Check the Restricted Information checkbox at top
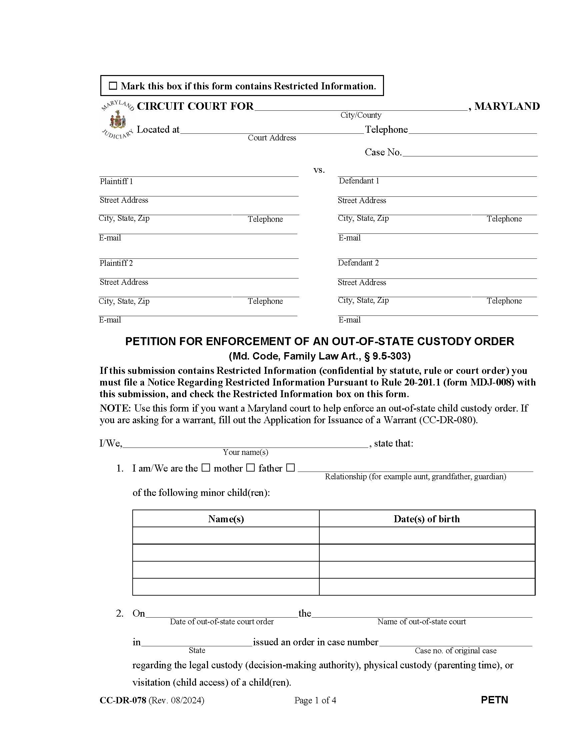click(113, 86)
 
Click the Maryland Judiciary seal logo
click(117, 120)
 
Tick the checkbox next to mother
click(206, 468)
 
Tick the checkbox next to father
click(250, 468)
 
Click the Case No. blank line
click(469, 152)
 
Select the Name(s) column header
click(226, 519)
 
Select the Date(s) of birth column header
click(427, 519)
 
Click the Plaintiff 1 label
click(116, 181)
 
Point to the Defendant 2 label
click(358, 263)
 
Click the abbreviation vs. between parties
click(319, 170)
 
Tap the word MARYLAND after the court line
click(507, 106)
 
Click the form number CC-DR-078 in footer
click(123, 700)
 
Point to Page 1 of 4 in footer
click(315, 700)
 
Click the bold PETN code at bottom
click(494, 700)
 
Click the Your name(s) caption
click(245, 452)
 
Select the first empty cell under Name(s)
click(226, 536)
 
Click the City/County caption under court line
click(361, 115)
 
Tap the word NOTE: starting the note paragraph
click(115, 408)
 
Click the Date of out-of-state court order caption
click(222, 622)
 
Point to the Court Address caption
click(272, 138)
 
